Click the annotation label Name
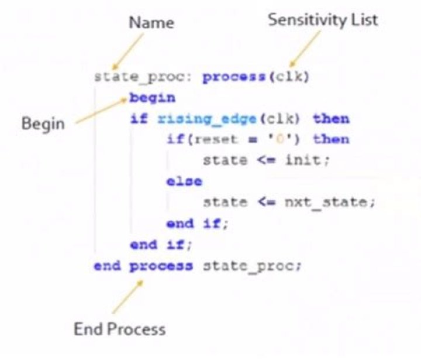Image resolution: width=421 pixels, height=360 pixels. pyautogui.click(x=151, y=23)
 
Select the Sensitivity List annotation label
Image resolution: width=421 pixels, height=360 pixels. pyautogui.click(x=323, y=20)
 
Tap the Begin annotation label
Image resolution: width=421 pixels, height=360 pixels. pyautogui.click(x=43, y=124)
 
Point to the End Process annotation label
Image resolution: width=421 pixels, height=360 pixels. pyautogui.click(x=119, y=329)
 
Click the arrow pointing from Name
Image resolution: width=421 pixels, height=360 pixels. pyautogui.click(x=128, y=51)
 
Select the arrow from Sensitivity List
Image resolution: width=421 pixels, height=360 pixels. pyautogui.click(x=305, y=49)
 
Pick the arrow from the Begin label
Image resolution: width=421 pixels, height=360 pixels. pyautogui.click(x=101, y=111)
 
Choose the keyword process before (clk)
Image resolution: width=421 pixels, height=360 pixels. pyautogui.click(x=234, y=78)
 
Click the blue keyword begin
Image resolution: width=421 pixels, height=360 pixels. pyautogui.click(x=152, y=98)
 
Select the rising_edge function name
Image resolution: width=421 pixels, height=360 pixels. pyautogui.click(x=207, y=119)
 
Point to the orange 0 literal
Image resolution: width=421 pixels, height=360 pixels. pyautogui.click(x=280, y=140)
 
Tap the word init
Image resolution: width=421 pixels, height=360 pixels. pyautogui.click(x=303, y=160)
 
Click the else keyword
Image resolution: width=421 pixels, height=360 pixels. pyautogui.click(x=184, y=181)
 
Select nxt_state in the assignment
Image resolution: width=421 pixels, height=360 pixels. pyautogui.click(x=326, y=202)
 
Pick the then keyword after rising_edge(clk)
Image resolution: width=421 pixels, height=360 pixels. pyautogui.click(x=332, y=119)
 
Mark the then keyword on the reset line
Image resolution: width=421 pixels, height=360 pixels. pyautogui.click(x=332, y=139)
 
